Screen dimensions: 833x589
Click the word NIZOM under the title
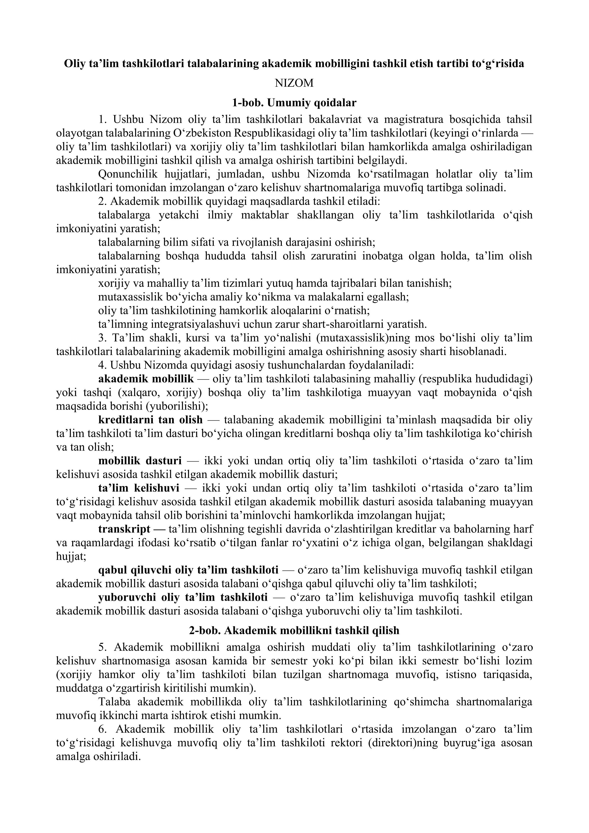coord(294,83)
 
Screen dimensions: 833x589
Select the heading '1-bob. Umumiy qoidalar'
coord(294,103)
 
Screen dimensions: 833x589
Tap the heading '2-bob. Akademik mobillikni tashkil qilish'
coord(294,630)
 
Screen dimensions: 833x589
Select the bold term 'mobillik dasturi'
coord(140,461)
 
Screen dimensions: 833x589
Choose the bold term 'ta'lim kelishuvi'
coord(139,488)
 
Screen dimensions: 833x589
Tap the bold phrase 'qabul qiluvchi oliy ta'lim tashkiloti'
coord(188,570)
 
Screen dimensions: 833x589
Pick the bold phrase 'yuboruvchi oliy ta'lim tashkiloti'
coord(183,597)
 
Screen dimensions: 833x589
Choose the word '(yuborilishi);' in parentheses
coord(183,406)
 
